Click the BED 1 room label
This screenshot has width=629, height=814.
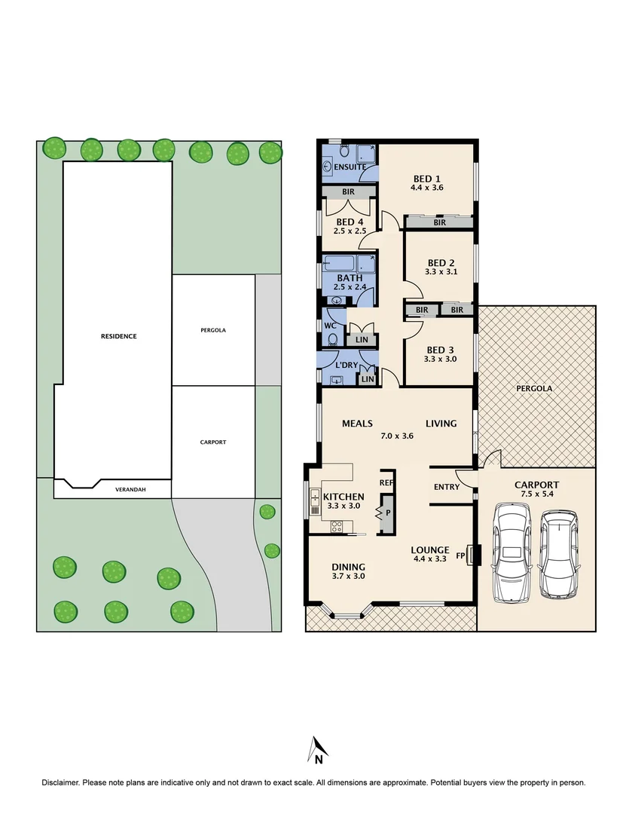[x=426, y=179]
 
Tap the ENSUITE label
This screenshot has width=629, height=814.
[x=350, y=167]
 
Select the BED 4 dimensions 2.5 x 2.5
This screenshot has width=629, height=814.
[x=350, y=231]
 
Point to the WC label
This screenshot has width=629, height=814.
[x=329, y=326]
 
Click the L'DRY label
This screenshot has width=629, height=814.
[x=346, y=365]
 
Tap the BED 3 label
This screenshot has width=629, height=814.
[x=440, y=350]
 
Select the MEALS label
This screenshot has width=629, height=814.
[x=357, y=424]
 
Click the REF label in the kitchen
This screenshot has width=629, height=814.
[x=386, y=482]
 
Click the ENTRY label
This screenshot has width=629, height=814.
[x=446, y=487]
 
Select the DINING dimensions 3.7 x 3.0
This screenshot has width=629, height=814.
[x=349, y=577]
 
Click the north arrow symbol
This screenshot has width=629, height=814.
[x=316, y=748]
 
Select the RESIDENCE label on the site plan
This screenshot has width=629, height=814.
[x=118, y=336]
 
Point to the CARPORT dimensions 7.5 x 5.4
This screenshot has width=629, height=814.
[x=536, y=494]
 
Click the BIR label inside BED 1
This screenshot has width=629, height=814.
[x=439, y=222]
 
